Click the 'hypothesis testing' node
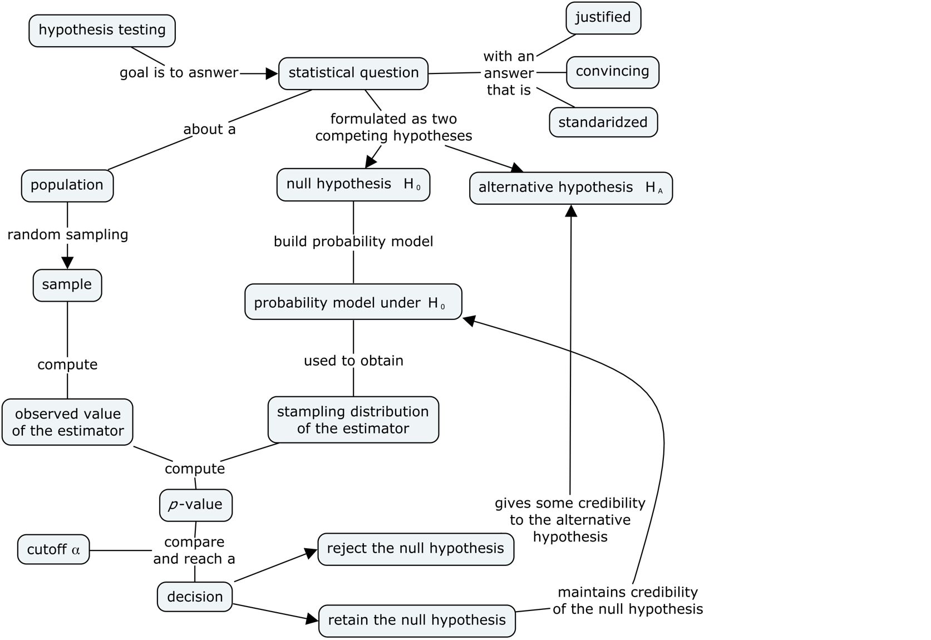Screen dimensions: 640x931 (102, 31)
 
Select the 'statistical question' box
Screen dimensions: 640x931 (353, 73)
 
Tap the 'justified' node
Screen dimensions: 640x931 (603, 18)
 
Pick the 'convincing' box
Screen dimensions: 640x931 (612, 72)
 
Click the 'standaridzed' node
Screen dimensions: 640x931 (603, 122)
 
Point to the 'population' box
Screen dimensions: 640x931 (67, 185)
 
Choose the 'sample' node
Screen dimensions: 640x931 (67, 285)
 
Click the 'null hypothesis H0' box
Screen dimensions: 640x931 (353, 185)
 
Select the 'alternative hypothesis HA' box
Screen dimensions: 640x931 (570, 188)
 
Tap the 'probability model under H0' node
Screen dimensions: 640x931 (353, 302)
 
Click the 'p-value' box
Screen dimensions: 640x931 (195, 505)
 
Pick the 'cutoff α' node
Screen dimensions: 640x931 (53, 550)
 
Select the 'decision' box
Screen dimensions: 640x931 (195, 597)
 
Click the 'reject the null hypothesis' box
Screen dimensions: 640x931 (415, 549)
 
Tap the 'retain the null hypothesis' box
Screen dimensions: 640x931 (417, 621)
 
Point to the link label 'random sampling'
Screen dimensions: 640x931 (67, 235)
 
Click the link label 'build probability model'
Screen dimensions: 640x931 (353, 242)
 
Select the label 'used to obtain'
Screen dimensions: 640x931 (353, 361)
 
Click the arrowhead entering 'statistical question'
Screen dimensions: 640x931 (272, 73)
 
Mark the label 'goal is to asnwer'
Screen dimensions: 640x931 (179, 73)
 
